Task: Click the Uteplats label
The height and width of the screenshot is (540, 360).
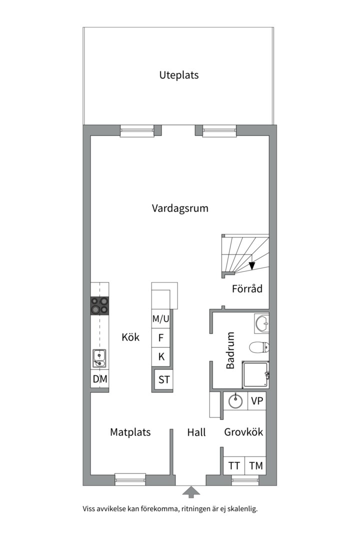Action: (179, 75)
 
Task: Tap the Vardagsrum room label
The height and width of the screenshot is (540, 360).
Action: (180, 208)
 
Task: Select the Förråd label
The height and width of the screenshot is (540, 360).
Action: (247, 289)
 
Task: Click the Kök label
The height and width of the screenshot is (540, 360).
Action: (130, 337)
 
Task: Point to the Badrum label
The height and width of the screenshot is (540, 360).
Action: (230, 350)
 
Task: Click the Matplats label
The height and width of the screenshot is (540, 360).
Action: (130, 432)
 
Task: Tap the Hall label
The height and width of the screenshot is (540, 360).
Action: (196, 432)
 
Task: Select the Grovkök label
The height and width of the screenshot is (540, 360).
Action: (243, 432)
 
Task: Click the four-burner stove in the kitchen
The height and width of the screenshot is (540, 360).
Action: (99, 305)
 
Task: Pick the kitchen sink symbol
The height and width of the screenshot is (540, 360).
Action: (99, 358)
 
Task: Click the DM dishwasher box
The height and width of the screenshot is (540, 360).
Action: (100, 379)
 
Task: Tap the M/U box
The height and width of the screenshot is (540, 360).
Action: (161, 318)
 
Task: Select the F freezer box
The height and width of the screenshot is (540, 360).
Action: (161, 337)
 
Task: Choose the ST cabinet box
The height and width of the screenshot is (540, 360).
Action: (164, 379)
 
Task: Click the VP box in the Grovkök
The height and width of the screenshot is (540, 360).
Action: (257, 400)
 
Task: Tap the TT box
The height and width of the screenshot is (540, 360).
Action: (234, 466)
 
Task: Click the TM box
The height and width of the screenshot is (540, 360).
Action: (256, 466)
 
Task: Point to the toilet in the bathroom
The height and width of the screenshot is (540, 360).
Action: (259, 346)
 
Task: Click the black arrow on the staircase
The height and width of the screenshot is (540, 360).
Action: (252, 265)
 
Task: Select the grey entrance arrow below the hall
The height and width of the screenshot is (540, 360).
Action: (190, 492)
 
